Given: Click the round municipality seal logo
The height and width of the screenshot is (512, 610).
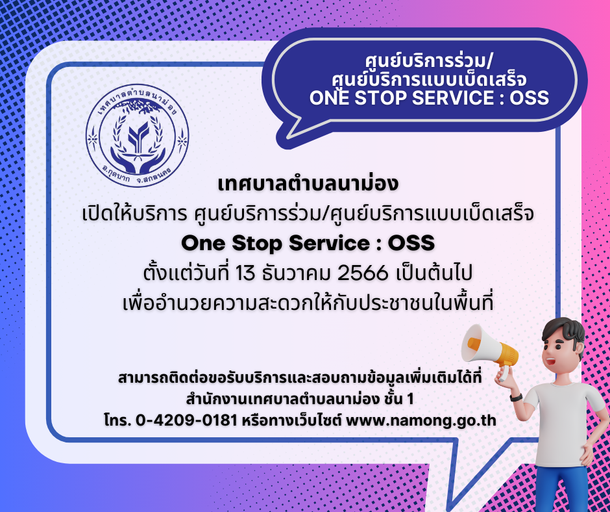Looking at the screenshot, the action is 138,136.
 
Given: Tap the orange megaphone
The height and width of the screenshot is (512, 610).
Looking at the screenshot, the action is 489,348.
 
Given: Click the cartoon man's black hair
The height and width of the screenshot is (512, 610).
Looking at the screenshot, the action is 563,332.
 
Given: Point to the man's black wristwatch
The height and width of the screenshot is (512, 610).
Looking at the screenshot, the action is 516,397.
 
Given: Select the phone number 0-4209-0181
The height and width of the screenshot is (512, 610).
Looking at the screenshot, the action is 187,420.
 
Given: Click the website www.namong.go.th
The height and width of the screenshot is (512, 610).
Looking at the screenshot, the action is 421,421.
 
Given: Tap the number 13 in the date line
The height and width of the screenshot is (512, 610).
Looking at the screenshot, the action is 245,274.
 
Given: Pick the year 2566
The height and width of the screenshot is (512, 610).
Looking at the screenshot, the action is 363,274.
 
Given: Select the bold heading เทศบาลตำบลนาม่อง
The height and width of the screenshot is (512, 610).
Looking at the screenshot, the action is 308,184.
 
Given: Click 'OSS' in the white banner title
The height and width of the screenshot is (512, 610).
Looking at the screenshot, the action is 530,97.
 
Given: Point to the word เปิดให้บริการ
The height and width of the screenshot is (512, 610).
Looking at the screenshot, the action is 134,214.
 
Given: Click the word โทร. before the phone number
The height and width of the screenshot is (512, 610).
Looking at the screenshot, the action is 118,421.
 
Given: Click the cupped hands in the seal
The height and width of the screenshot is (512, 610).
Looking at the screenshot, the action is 138,160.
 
